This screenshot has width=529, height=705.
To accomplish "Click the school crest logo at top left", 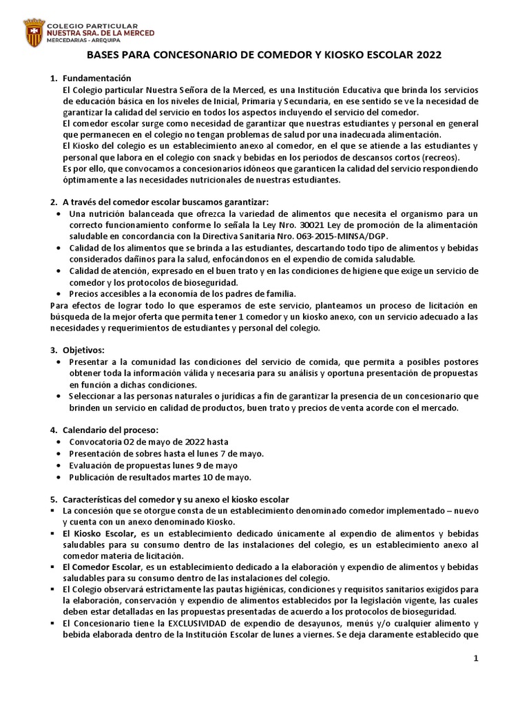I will pyautogui.click(x=33, y=32).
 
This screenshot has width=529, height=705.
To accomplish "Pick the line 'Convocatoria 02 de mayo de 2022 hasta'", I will pyautogui.click(x=148, y=441).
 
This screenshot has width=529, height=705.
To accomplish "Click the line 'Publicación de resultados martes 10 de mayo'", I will pyautogui.click(x=160, y=476).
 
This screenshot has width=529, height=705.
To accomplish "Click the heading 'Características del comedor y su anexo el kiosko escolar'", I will pyautogui.click(x=175, y=498).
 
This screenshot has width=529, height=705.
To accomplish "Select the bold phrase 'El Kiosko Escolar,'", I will pyautogui.click(x=99, y=534).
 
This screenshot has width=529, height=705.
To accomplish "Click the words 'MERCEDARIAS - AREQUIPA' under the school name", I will pyautogui.click(x=79, y=40).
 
